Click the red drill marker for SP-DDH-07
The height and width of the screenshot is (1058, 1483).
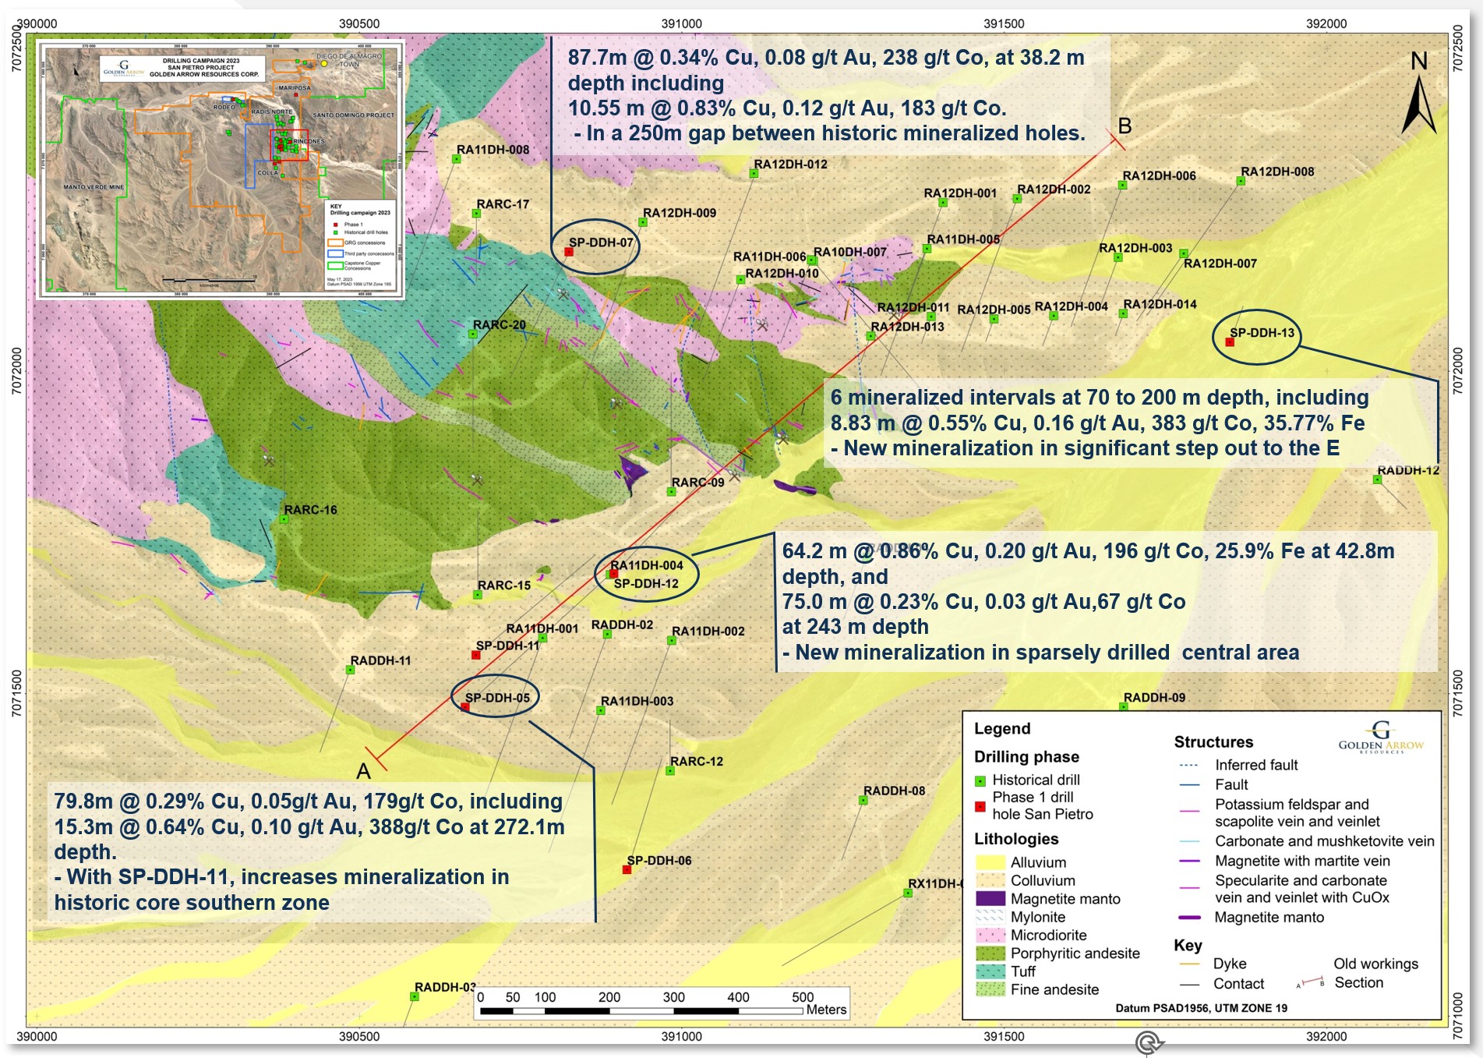tap(569, 252)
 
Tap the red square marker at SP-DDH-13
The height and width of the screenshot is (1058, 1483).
tap(1230, 342)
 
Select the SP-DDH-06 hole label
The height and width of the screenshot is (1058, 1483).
tap(659, 860)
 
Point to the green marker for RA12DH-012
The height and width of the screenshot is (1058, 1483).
tap(754, 173)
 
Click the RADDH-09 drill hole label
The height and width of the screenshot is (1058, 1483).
tap(1154, 697)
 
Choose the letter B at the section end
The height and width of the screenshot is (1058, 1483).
tap(1125, 126)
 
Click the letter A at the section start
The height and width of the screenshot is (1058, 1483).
tap(363, 771)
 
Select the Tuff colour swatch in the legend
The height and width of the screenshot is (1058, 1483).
tap(990, 971)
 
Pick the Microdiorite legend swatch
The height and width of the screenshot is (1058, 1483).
tap(990, 935)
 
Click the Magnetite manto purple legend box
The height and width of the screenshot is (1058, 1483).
tap(990, 898)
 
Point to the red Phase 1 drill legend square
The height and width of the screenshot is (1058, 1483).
tap(980, 806)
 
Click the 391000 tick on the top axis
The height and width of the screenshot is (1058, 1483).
tap(682, 23)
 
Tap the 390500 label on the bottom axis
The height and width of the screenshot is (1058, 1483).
tap(359, 1036)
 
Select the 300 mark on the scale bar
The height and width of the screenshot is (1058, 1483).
tap(673, 997)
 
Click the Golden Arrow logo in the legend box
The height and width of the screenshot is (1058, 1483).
tap(1380, 736)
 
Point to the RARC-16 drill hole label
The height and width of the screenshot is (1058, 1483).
tap(310, 510)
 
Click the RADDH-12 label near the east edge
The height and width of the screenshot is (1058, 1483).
tap(1408, 470)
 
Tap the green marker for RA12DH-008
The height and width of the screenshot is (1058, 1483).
tap(1241, 181)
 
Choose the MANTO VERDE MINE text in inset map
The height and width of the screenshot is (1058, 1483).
tap(93, 187)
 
